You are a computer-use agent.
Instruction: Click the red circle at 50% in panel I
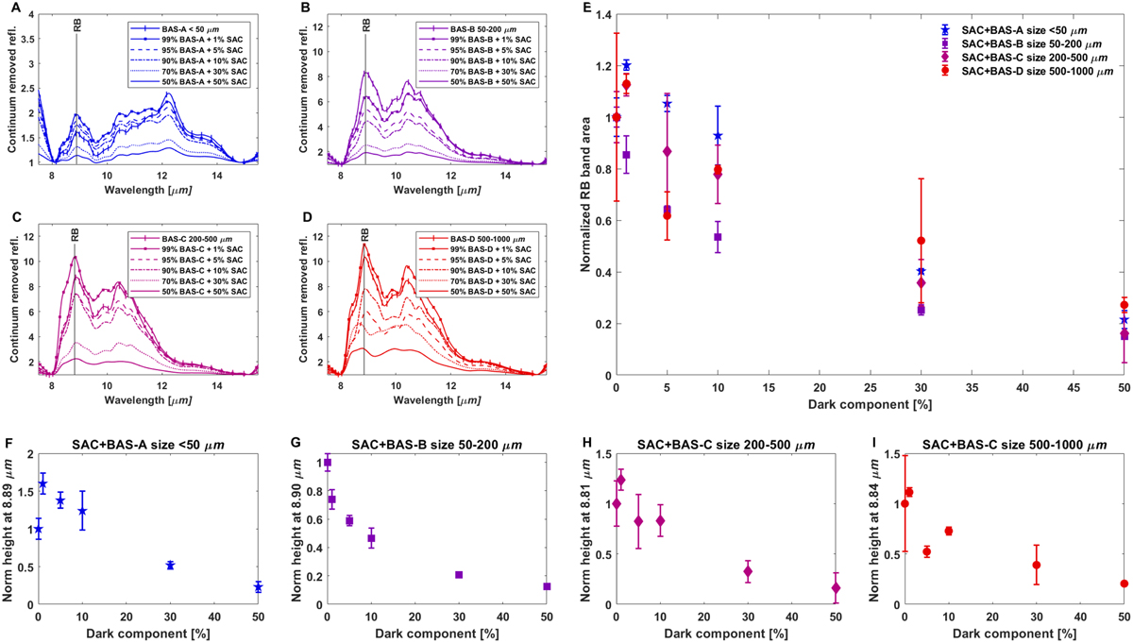pos(1124,584)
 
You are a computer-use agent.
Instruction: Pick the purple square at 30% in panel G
pos(459,575)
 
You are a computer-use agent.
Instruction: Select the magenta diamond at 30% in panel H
pos(749,571)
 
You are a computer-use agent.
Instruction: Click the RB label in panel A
pos(76,27)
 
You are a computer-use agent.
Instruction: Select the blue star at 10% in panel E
pos(718,136)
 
